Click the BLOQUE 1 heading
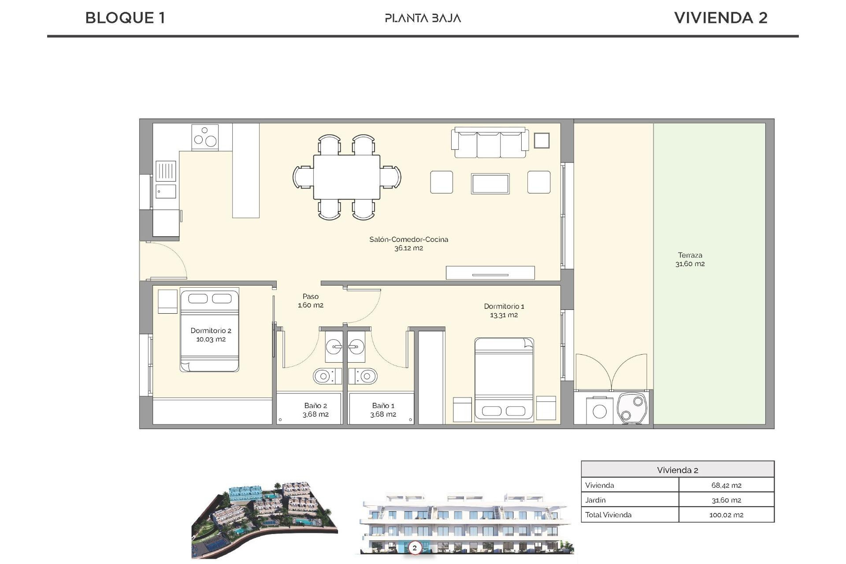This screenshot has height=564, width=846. [125, 18]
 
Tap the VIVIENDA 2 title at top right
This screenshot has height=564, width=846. [720, 18]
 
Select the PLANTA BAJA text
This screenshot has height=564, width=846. [423, 18]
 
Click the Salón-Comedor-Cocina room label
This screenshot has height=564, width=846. [408, 240]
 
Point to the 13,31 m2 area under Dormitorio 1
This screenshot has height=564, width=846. [504, 315]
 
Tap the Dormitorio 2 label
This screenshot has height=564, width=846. [211, 330]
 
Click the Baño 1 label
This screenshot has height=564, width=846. [383, 405]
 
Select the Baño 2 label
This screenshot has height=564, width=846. [315, 405]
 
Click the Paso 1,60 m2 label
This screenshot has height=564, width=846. [311, 301]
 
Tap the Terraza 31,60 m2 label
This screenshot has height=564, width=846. [690, 260]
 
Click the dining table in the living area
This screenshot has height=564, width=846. [347, 177]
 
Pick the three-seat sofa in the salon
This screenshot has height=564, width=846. [490, 143]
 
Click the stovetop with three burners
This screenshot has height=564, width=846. [205, 137]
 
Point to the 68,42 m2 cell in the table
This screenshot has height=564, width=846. [726, 485]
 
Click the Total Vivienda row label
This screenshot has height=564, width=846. [608, 515]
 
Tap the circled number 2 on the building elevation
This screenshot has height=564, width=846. [414, 548]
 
